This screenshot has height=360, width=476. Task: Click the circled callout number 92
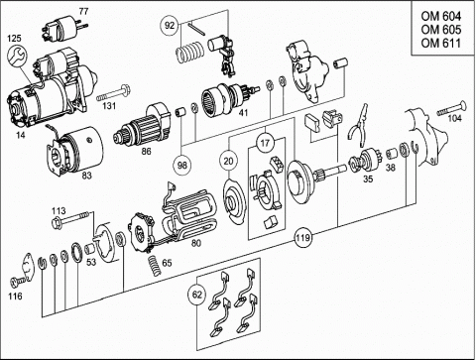170,26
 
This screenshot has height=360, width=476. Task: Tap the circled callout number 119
302,237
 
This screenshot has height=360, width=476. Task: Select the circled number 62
196,294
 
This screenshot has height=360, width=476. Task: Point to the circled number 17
265,143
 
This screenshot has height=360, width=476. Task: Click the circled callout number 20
228,161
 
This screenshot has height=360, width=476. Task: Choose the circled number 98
182,165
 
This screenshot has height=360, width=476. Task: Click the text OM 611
440,43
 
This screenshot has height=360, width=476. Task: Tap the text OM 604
440,16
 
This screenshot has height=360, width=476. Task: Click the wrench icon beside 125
16,56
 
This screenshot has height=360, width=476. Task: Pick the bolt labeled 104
452,109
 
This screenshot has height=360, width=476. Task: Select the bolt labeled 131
114,93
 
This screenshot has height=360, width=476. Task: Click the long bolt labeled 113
70,219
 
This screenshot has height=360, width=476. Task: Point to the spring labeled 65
153,265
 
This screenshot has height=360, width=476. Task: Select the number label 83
86,176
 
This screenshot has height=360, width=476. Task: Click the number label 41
243,113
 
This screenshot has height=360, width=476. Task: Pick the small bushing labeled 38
392,153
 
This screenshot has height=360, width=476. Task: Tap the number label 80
196,243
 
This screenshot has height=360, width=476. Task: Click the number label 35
368,179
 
